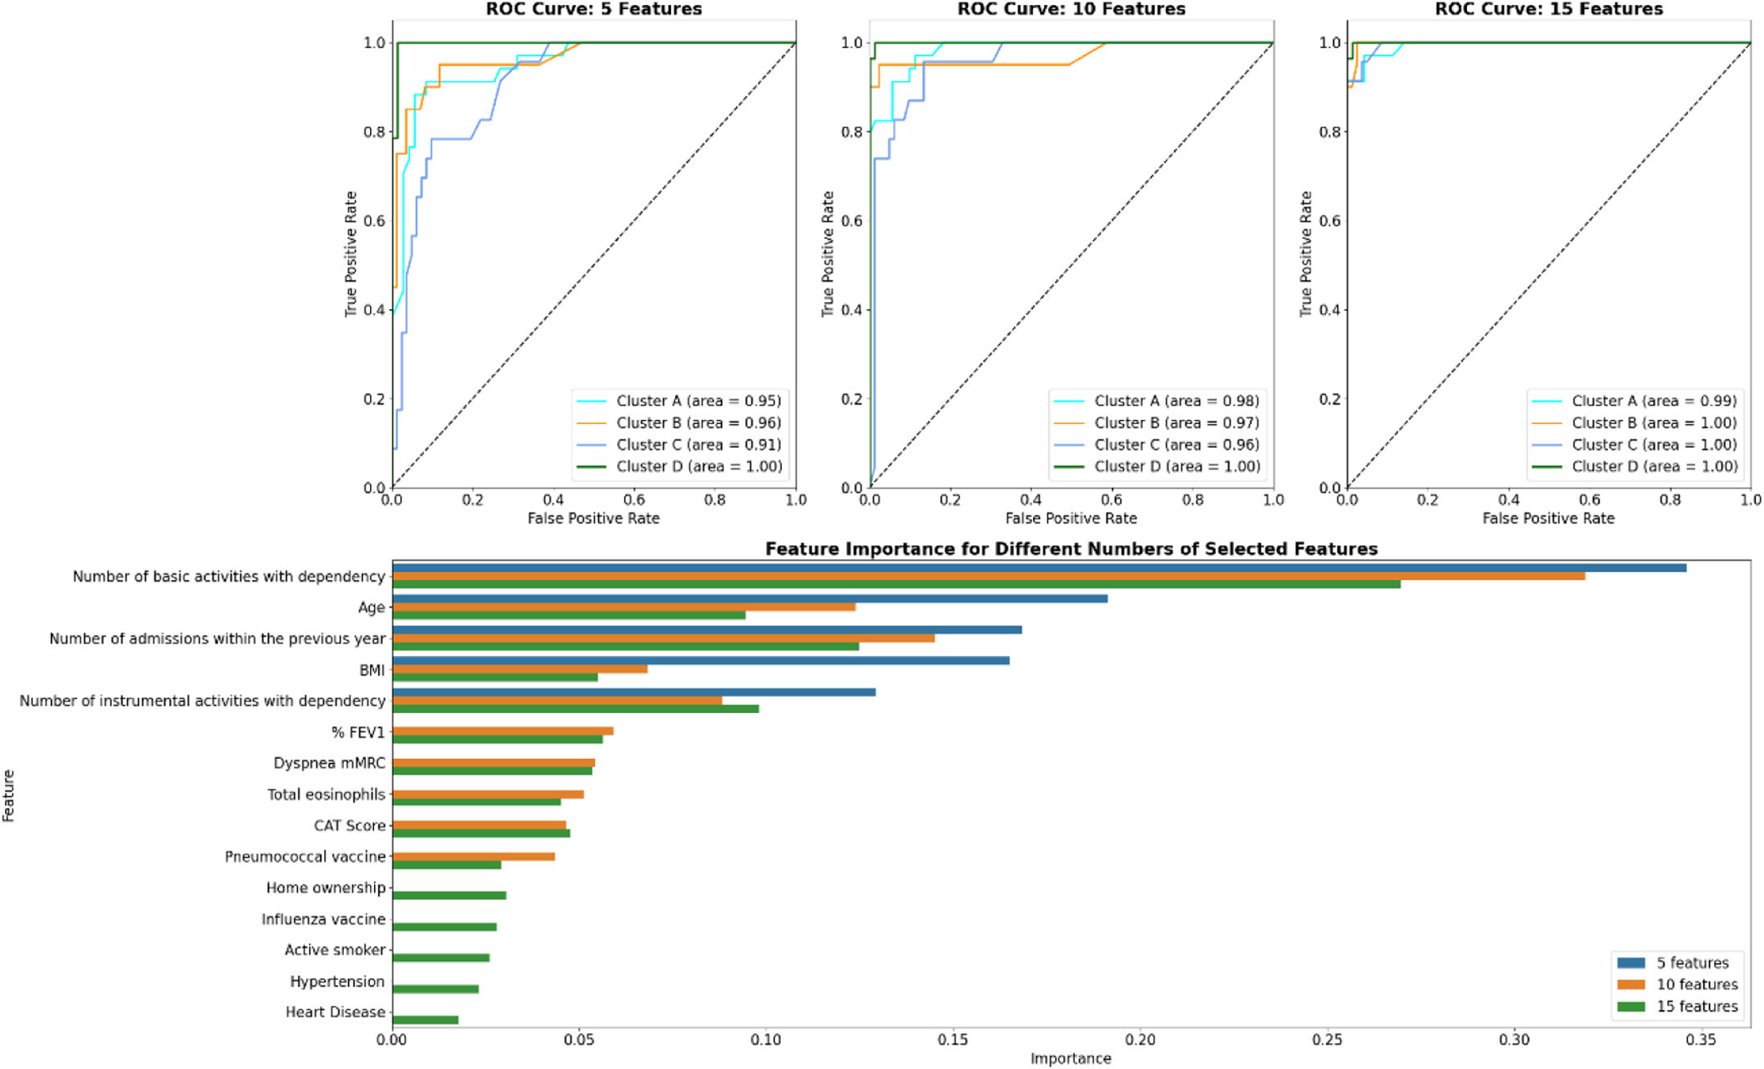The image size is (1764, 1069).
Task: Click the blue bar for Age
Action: click(749, 599)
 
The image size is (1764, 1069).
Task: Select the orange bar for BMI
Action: click(519, 669)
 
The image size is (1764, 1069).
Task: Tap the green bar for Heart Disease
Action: click(425, 1020)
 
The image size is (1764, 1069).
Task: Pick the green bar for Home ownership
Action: click(449, 895)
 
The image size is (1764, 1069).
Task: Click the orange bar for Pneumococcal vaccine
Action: click(473, 857)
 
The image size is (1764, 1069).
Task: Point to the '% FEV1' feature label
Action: click(358, 732)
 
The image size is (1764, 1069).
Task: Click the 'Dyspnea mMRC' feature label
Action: click(329, 763)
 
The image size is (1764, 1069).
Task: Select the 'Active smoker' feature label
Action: click(335, 950)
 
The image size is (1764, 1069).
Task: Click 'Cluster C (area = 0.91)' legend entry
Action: click(698, 445)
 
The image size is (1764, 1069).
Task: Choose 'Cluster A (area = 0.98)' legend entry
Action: click(1176, 401)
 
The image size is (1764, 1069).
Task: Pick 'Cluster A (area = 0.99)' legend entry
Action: click(1653, 401)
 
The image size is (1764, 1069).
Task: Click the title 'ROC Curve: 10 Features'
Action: click(1071, 9)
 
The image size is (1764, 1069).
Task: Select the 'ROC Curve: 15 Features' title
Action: click(1548, 9)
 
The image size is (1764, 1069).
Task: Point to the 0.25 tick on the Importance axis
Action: click(1327, 1039)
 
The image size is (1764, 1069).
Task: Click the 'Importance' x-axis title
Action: click(1071, 1058)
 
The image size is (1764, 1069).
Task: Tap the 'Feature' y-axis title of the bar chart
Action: click(9, 795)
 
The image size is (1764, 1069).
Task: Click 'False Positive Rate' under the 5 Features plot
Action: click(593, 519)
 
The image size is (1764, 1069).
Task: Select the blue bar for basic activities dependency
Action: click(1039, 568)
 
